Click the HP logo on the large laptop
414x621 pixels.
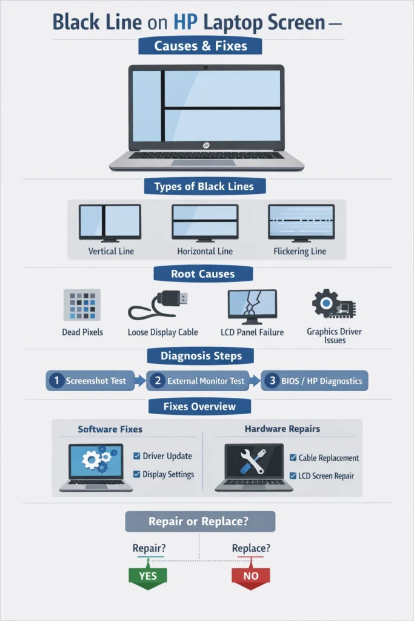(x=207, y=146)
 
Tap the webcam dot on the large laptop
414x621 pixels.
(x=207, y=65)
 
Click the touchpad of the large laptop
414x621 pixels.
(x=206, y=163)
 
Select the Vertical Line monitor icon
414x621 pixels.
(x=110, y=223)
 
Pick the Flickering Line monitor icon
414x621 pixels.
(x=301, y=223)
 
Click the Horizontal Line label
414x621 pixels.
(x=205, y=251)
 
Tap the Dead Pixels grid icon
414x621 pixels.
(x=82, y=305)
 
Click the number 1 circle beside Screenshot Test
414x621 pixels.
(x=56, y=381)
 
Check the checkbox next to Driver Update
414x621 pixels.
(x=137, y=456)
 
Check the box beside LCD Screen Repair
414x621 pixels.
(x=293, y=476)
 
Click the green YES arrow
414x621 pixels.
(x=148, y=576)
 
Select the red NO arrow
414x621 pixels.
(x=250, y=576)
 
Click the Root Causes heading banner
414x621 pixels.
(x=202, y=274)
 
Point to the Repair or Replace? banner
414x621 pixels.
(x=200, y=522)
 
